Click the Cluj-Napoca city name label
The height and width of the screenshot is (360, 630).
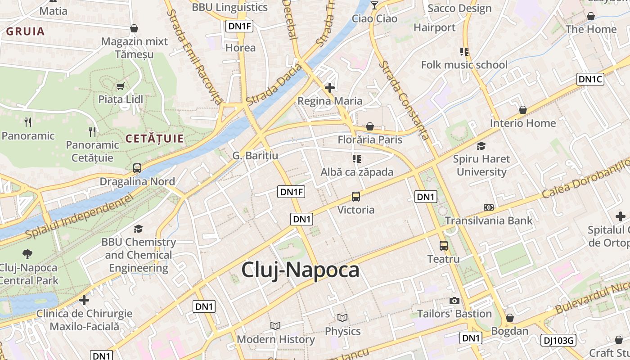[300, 270]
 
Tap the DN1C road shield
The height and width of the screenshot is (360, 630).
[590, 79]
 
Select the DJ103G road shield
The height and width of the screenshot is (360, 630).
[558, 340]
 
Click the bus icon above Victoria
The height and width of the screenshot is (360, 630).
[355, 197]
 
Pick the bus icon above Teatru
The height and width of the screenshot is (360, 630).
[444, 246]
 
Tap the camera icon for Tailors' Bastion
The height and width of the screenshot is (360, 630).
[454, 301]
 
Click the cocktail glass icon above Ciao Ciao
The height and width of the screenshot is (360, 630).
[374, 5]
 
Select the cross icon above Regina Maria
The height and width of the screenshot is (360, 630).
[330, 87]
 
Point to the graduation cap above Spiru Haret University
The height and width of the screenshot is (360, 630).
[481, 146]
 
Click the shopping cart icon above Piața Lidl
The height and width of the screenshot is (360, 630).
[120, 86]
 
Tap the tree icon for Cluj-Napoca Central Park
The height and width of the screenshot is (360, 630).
[27, 254]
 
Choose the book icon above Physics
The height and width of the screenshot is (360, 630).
[342, 318]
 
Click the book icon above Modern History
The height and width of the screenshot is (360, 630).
[275, 326]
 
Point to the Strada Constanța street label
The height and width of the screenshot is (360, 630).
[403, 100]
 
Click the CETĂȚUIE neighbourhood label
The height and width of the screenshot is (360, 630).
[154, 139]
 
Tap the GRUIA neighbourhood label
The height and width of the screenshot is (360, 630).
[25, 31]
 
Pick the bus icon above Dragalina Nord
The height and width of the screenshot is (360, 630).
[137, 168]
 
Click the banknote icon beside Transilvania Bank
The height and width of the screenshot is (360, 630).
[488, 207]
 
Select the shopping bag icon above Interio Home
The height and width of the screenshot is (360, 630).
[522, 110]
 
